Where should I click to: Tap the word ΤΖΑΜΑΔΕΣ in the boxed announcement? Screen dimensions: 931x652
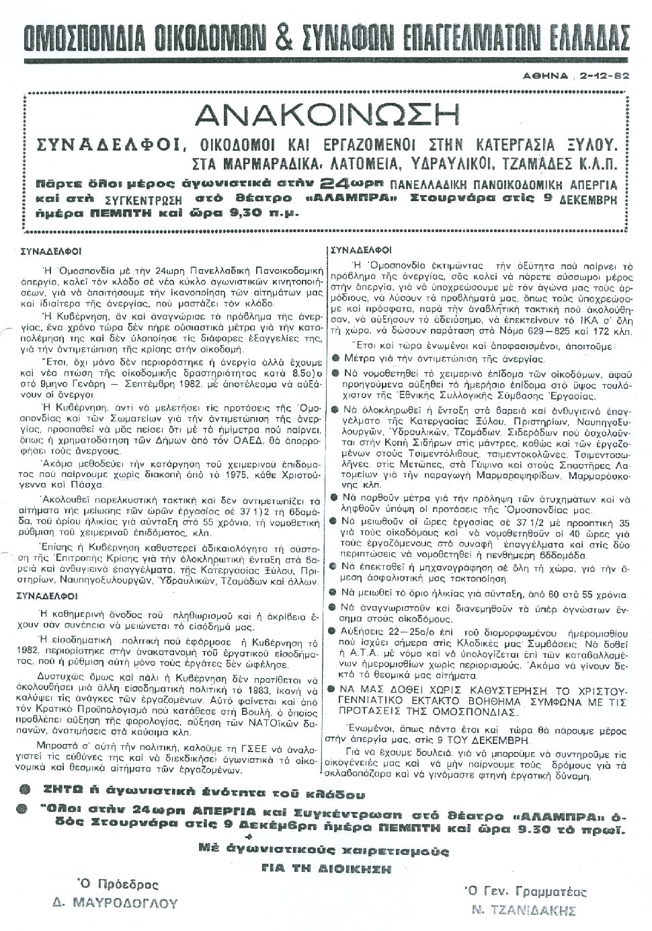(520, 163)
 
